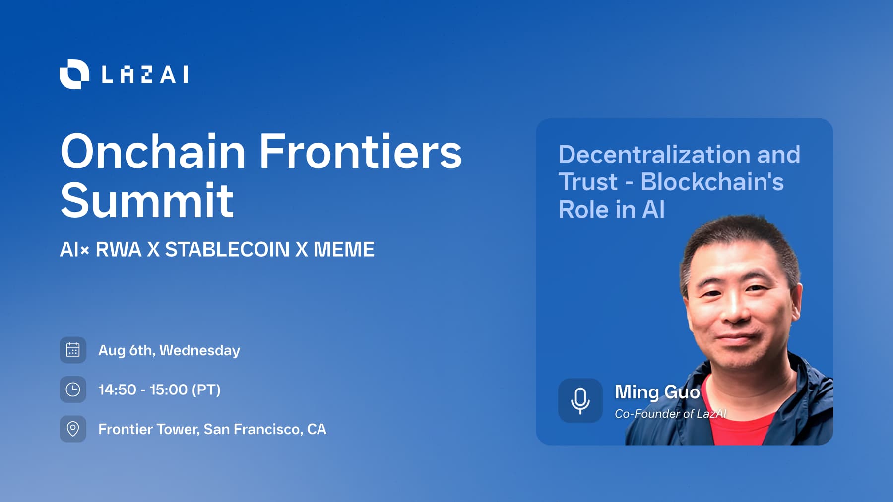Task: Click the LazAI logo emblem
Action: point(74,74)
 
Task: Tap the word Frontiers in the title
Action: point(361,151)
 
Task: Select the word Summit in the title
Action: point(147,200)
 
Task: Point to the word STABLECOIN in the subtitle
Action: point(227,249)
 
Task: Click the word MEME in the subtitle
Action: point(344,249)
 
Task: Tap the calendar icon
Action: point(73,350)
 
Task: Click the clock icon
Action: point(73,390)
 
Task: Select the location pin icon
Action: point(73,429)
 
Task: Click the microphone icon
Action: point(580,400)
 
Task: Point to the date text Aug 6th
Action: point(127,350)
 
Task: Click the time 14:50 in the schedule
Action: point(117,390)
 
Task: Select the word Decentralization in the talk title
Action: point(654,155)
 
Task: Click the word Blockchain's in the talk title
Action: point(712,182)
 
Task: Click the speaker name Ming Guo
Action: point(657,392)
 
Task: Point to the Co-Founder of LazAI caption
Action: point(671,414)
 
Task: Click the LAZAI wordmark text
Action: point(145,75)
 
